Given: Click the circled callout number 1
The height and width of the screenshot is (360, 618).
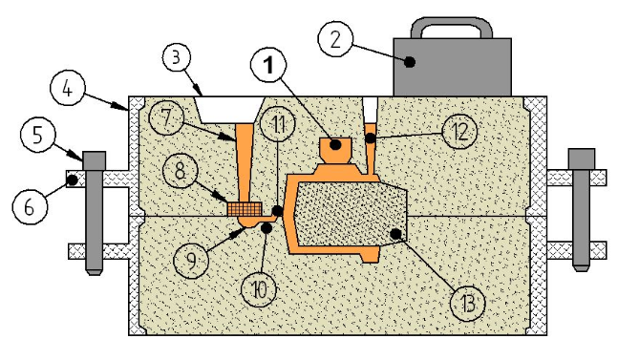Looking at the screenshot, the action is point(269,64).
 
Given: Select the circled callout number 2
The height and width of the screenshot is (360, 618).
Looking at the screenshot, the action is point(335,39).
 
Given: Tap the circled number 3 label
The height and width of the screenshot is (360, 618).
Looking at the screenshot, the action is point(177,57).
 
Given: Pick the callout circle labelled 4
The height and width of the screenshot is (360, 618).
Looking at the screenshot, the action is point(68,88).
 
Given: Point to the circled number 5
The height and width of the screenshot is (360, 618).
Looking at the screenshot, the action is point(38,135).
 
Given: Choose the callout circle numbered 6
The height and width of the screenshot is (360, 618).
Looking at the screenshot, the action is point(30,206).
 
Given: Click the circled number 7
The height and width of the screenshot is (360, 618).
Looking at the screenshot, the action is point(167,117).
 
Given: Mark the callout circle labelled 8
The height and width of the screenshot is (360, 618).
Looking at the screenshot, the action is point(180,171).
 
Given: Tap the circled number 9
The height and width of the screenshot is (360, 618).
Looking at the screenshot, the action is point(191,261).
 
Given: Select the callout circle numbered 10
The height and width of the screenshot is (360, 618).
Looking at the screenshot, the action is point(259,289).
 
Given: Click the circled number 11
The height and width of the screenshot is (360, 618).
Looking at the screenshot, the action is point(279,123).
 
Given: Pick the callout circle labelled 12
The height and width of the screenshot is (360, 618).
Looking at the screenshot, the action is point(459,131).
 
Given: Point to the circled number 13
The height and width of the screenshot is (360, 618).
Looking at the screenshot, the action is point(468,304).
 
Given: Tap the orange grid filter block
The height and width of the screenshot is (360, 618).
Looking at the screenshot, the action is point(245,209).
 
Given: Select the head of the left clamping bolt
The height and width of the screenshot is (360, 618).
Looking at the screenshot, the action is point(95,161).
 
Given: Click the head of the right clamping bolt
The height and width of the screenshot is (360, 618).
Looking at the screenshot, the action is point(582,159).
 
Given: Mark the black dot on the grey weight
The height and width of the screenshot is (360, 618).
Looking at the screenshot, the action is point(411,62).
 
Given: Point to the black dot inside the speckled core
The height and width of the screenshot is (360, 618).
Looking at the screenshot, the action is point(395,234).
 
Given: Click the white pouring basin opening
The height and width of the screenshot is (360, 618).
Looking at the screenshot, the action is point(229,110).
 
